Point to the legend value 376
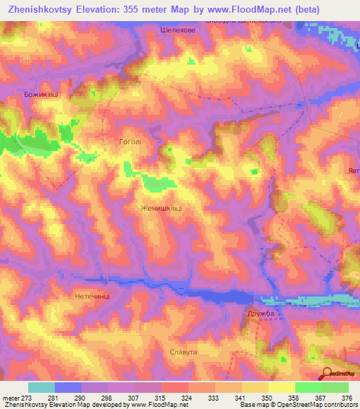[x=348, y=397]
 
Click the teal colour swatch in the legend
[x=41, y=387]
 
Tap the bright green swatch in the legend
[x=308, y=387]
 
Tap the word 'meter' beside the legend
[x=8, y=397]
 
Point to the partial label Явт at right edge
[x=353, y=171]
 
